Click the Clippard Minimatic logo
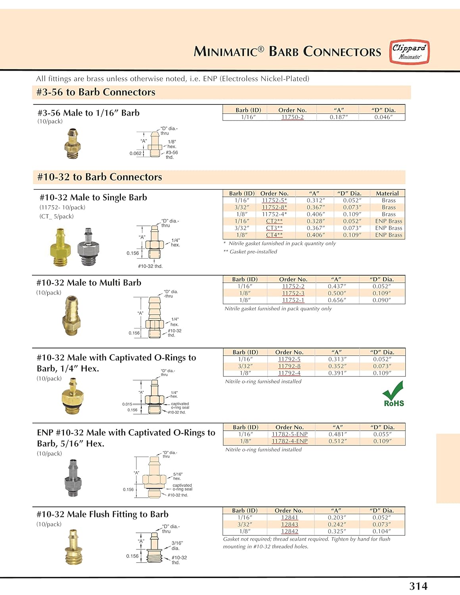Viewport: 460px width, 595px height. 409,52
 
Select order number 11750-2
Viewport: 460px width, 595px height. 292,117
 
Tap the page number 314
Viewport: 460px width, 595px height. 418,586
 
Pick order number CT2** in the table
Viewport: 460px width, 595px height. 274,221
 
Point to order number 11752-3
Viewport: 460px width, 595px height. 293,293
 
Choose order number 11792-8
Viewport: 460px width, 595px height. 289,366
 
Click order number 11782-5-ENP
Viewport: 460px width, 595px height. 289,434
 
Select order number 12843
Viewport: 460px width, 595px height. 289,524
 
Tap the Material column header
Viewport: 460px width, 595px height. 387,194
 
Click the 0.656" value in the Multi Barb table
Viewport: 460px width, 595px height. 337,300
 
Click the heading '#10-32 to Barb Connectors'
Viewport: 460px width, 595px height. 100,177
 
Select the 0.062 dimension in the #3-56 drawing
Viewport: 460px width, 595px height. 135,154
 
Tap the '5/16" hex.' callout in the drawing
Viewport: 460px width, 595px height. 177,476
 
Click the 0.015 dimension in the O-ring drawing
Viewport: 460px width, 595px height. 127,404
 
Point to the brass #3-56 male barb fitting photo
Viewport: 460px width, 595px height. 72,143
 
